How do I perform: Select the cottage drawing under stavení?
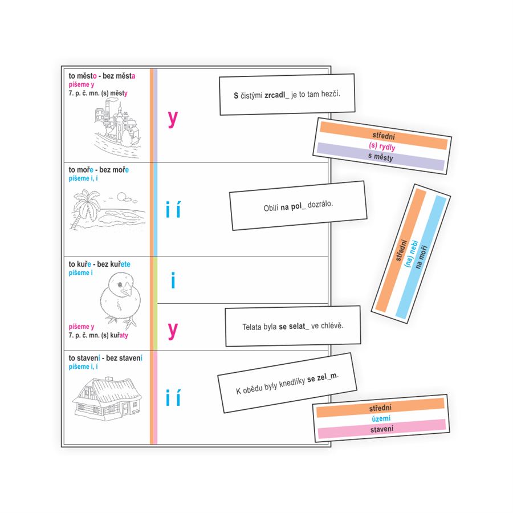point(107,398)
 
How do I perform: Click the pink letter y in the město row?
point(173,119)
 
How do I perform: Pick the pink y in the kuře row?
point(173,331)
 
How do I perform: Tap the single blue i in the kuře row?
point(173,280)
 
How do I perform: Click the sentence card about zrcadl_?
point(287,95)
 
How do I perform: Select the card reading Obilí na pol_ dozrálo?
point(298,205)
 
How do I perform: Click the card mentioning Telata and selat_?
point(293,326)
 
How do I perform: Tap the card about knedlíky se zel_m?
point(287,383)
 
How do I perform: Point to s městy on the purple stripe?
point(381,157)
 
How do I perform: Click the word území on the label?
point(381,418)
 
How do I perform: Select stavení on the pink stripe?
point(381,429)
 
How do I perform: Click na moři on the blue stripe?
point(421,257)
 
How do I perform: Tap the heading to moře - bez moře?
point(99,170)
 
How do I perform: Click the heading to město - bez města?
point(102,76)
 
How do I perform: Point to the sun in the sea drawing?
point(121,196)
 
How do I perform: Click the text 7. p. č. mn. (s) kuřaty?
point(98,335)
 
